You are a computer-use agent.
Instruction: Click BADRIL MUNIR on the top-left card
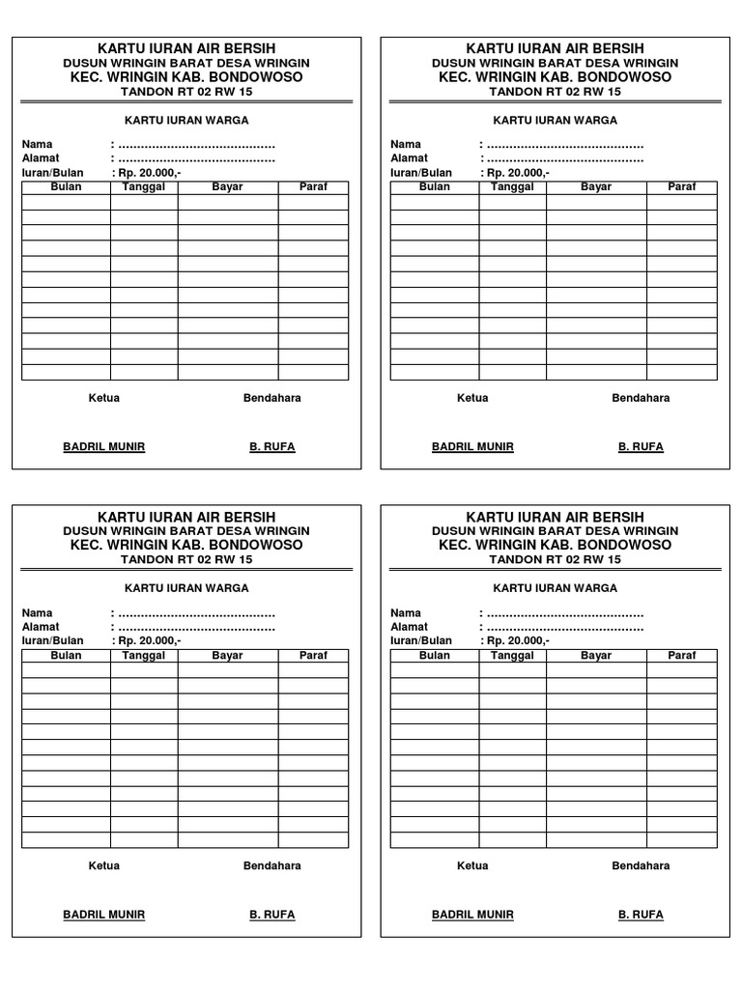click(103, 446)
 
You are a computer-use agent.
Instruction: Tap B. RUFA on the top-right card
click(641, 446)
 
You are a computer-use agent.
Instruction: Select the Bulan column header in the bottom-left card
click(66, 655)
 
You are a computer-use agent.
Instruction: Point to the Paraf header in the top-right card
click(682, 186)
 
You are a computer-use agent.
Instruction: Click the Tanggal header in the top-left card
click(144, 186)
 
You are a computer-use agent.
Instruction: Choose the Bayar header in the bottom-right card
click(596, 655)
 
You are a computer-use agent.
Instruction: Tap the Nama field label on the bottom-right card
click(405, 612)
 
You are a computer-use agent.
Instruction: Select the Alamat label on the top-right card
click(409, 157)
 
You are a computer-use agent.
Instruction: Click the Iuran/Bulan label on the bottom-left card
click(52, 640)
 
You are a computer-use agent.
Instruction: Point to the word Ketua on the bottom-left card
click(104, 865)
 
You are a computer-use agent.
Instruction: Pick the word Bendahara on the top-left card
click(271, 397)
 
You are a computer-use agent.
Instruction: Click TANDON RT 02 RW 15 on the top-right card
click(555, 92)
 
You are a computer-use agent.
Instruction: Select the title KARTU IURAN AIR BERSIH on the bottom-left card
click(186, 517)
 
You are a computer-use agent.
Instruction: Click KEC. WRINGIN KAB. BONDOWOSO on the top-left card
click(186, 76)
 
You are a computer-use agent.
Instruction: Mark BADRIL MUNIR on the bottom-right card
click(472, 914)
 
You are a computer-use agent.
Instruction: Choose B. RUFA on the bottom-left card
click(272, 914)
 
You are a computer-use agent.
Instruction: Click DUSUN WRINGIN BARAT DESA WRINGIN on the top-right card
click(555, 63)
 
